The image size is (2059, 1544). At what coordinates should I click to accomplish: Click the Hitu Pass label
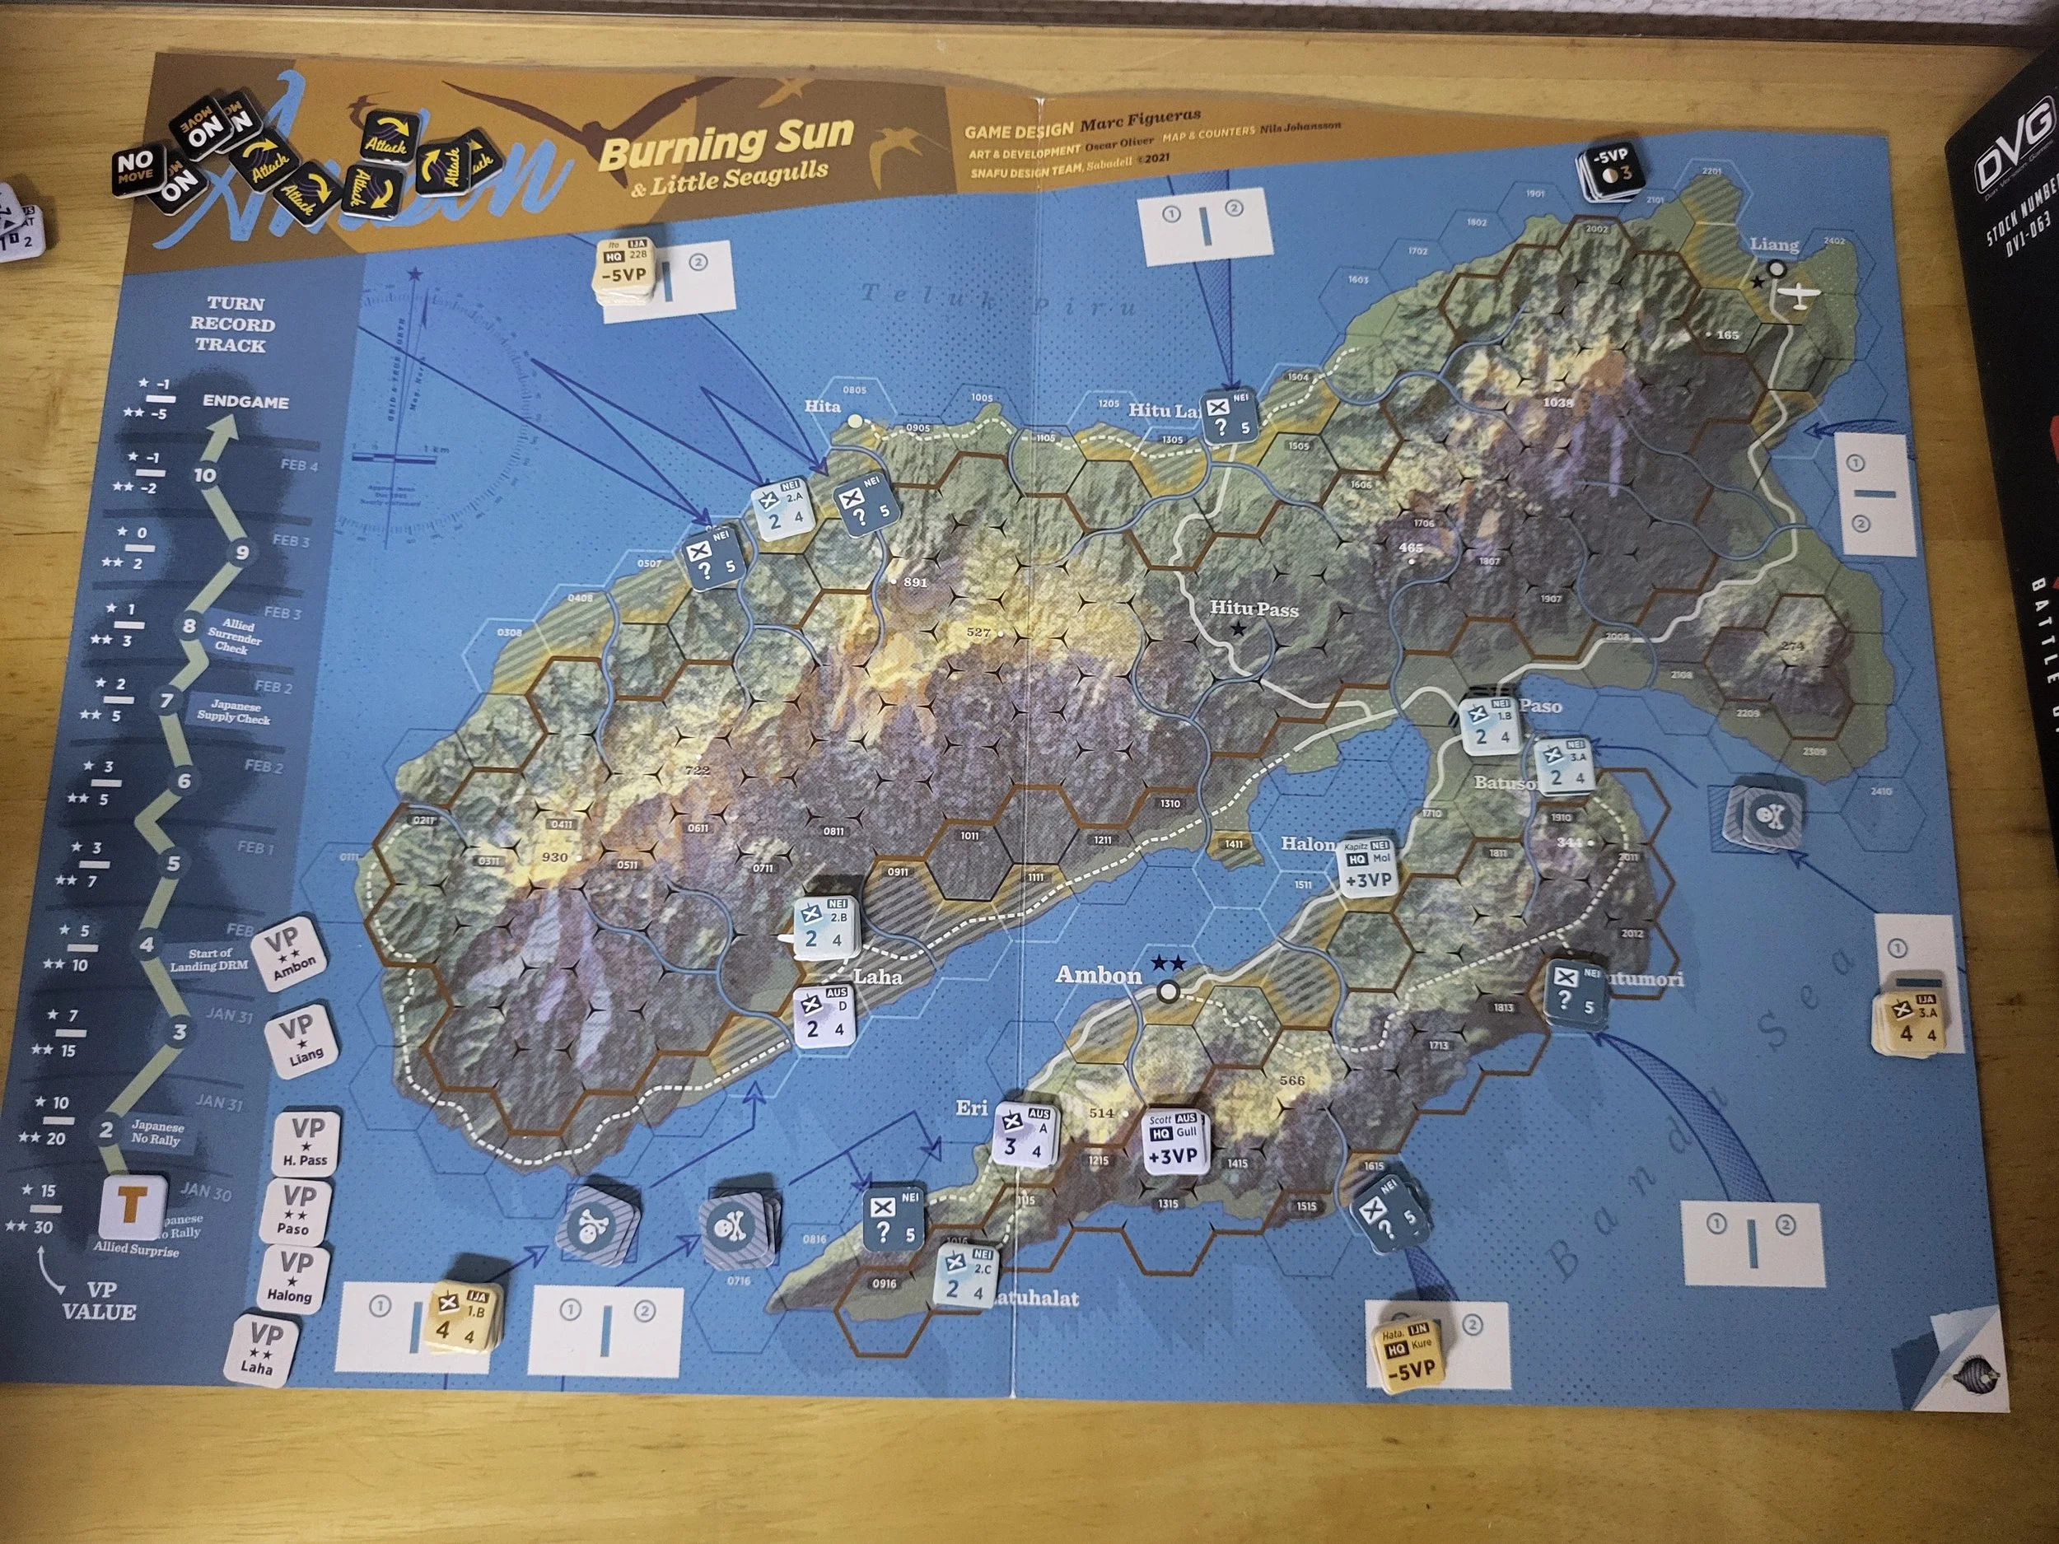(1253, 609)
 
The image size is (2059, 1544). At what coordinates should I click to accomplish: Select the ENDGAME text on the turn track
(245, 403)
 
